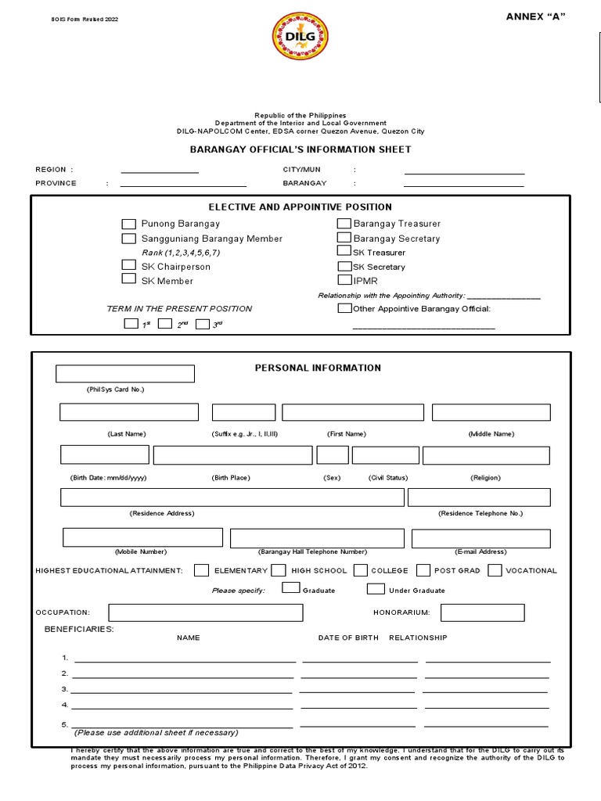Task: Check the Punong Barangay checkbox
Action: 129,224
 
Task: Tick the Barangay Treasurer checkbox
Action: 344,224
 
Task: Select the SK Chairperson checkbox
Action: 129,266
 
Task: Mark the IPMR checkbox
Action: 344,280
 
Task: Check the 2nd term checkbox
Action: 165,324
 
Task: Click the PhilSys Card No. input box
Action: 125,374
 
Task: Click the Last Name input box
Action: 129,412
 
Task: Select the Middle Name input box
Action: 491,412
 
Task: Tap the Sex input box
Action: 333,455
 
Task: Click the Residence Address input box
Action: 232,497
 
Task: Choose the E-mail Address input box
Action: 480,539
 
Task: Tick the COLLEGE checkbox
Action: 361,570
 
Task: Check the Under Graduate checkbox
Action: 376,589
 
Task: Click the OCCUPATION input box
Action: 206,612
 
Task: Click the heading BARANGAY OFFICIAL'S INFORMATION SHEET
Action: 301,149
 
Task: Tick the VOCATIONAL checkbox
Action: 495,570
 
